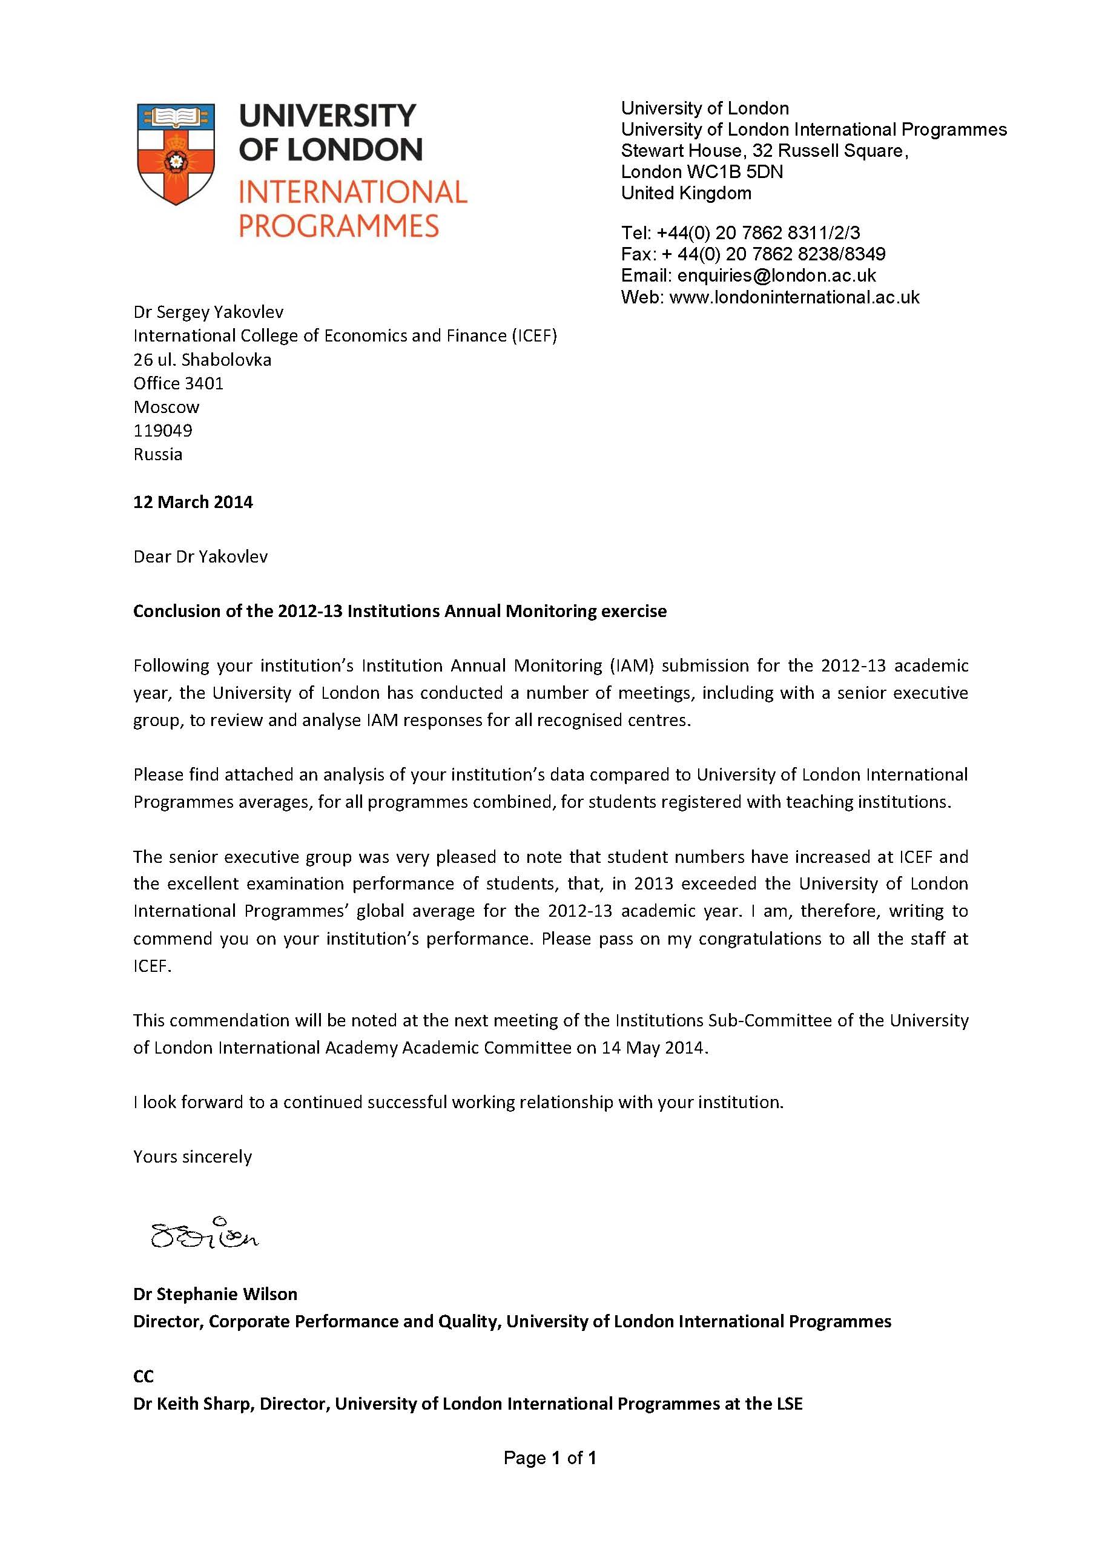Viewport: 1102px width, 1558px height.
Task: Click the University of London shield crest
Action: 176,153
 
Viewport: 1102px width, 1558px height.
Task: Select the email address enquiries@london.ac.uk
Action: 776,276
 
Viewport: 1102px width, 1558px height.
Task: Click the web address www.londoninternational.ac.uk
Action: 794,297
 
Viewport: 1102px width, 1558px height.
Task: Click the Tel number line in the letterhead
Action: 741,233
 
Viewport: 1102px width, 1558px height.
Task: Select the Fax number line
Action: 753,254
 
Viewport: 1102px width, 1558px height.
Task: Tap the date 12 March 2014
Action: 193,502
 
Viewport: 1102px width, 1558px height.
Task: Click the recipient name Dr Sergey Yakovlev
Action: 208,312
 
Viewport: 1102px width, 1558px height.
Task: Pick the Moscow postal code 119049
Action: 163,430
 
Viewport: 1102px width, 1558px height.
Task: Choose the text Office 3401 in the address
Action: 179,383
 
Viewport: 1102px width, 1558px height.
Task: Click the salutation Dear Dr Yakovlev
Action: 200,557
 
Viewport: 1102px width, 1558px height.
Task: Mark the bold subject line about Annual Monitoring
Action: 400,612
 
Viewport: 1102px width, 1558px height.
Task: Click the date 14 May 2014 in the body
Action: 653,1048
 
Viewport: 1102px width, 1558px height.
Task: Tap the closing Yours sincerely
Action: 192,1157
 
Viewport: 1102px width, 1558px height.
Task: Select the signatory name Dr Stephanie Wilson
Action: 215,1294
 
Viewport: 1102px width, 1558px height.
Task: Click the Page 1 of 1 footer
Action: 550,1458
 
